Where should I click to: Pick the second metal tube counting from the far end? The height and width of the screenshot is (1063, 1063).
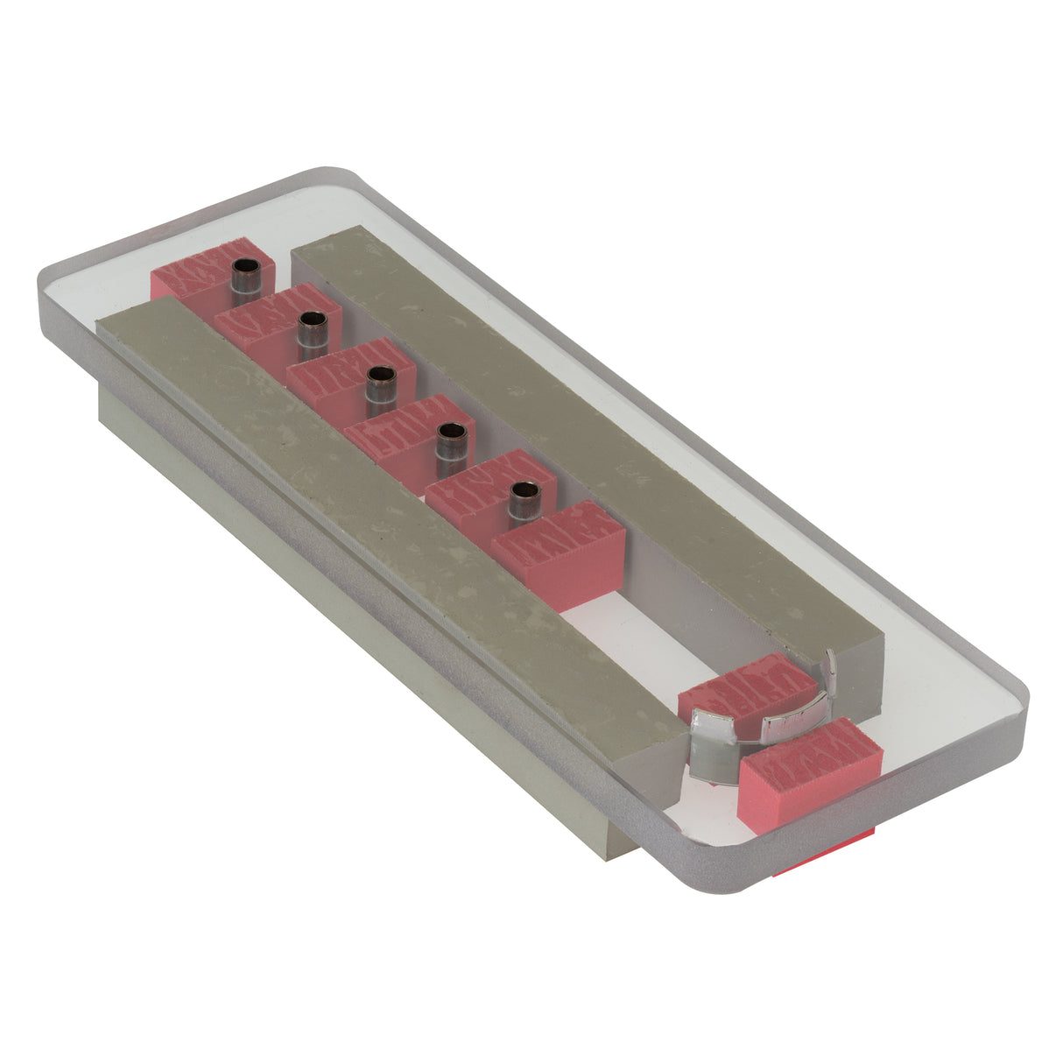pos(313,331)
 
